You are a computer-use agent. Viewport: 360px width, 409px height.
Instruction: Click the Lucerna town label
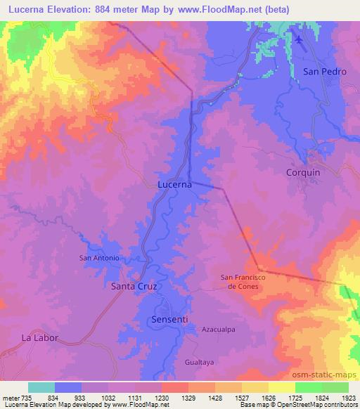pos(172,184)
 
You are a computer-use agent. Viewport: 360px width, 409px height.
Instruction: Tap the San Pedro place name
pos(325,72)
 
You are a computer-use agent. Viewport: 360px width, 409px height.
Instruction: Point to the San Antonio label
pos(98,258)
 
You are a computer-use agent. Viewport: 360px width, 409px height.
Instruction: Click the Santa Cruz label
pos(134,287)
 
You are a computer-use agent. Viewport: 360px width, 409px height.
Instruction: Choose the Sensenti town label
pos(169,319)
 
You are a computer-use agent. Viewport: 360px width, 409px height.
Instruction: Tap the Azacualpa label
pos(217,328)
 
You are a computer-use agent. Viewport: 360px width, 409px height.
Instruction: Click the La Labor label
pos(39,337)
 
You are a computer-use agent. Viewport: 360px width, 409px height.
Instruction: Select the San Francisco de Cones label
pos(243,282)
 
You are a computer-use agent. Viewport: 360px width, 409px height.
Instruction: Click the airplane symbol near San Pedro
pos(298,39)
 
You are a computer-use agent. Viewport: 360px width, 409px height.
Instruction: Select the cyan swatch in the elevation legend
pos(41,387)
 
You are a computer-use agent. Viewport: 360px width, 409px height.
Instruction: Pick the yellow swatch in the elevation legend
pos(282,387)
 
